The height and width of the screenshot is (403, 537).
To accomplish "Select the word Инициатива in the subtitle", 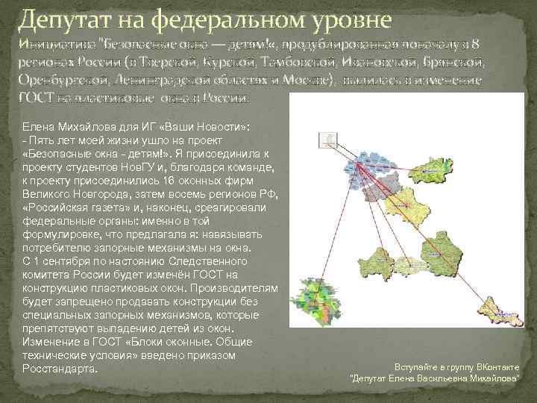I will (52, 43).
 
